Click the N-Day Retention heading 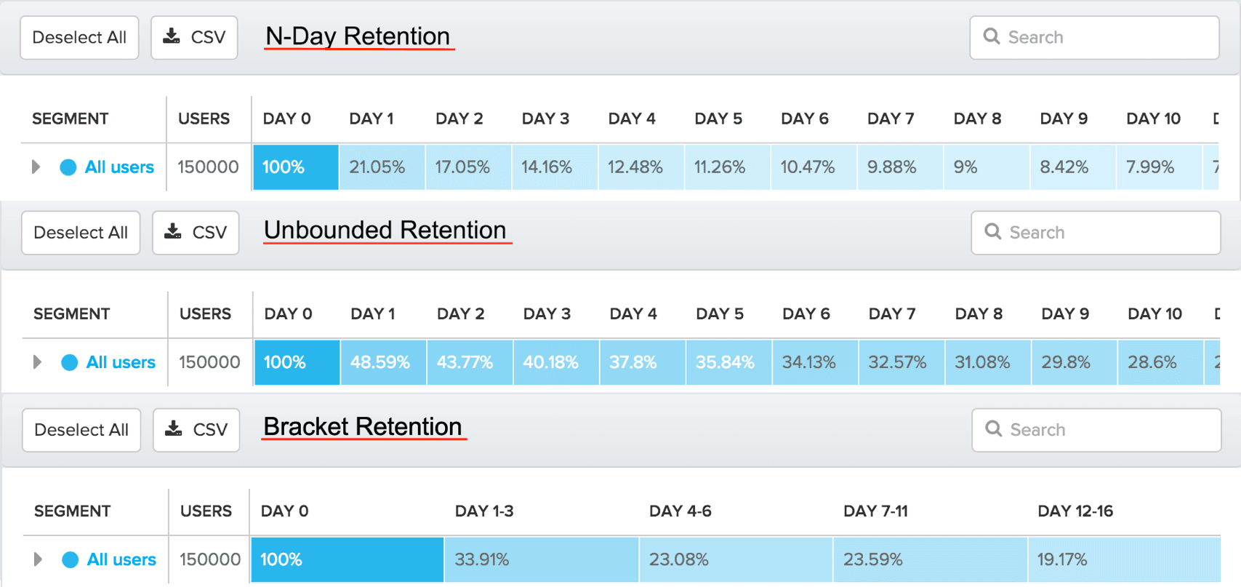pyautogui.click(x=358, y=36)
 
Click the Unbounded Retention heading pyautogui.click(x=385, y=231)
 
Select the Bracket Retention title pyautogui.click(x=362, y=427)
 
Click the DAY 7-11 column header pyautogui.click(x=875, y=511)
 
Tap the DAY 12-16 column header pyautogui.click(x=1075, y=511)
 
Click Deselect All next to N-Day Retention pyautogui.click(x=79, y=38)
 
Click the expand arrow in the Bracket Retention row pyautogui.click(x=38, y=559)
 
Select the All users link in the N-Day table pyautogui.click(x=119, y=167)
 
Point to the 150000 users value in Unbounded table pyautogui.click(x=209, y=362)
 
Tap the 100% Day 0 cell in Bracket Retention pyautogui.click(x=347, y=559)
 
